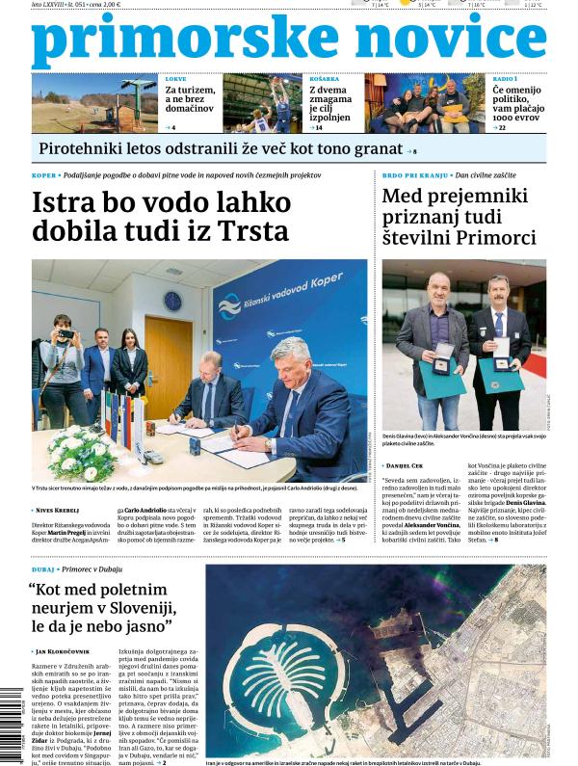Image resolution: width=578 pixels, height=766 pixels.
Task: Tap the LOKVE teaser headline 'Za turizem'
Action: click(189, 91)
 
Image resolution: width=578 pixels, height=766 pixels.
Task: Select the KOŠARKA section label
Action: click(324, 79)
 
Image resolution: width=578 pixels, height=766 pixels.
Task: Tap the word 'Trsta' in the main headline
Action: click(252, 231)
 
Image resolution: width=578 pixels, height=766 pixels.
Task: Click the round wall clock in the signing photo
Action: click(172, 300)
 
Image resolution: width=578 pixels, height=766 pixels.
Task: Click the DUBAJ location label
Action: click(43, 570)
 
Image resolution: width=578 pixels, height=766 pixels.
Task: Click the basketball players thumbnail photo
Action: click(262, 103)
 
